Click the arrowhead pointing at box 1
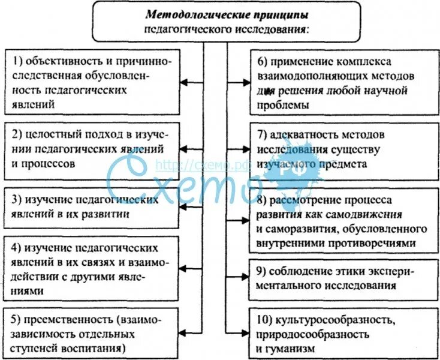[x=185, y=82]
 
